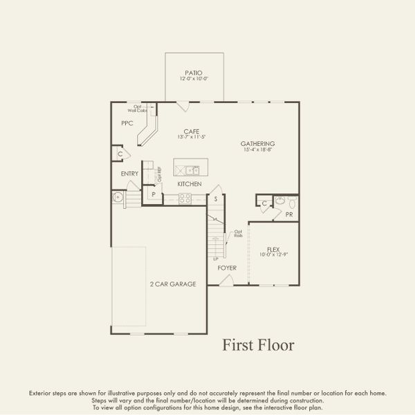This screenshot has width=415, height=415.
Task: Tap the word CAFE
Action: click(192, 131)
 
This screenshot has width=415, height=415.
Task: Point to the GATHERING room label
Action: click(258, 143)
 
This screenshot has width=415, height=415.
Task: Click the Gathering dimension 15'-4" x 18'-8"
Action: click(258, 149)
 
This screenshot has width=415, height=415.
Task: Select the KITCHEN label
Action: click(189, 184)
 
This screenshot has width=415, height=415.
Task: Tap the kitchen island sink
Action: click(190, 169)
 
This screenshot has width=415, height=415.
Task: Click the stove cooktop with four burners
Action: click(185, 198)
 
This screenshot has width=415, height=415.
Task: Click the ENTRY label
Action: click(129, 174)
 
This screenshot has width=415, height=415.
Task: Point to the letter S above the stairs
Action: click(216, 199)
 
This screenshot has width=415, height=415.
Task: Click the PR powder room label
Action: click(289, 215)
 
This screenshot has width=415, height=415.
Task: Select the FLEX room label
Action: click(273, 249)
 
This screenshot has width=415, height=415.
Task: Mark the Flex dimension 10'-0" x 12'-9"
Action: click(273, 255)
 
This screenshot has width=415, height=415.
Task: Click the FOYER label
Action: click(227, 266)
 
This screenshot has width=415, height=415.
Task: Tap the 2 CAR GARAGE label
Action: click(173, 284)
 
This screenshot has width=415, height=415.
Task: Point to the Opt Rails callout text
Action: click(237, 234)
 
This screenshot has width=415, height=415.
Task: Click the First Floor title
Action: click(258, 344)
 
